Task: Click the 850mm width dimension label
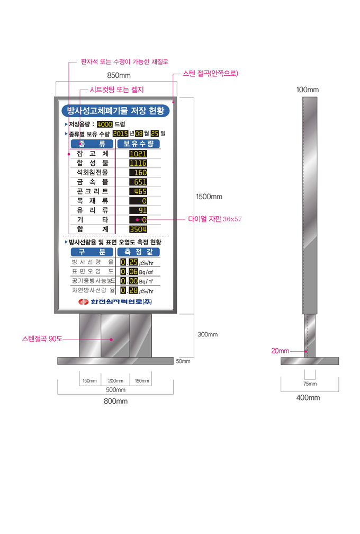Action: coord(119,75)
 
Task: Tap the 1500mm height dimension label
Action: coord(209,197)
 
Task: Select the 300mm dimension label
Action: coord(208,334)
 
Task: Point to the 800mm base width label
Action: coord(116,401)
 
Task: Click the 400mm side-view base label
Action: coord(308,397)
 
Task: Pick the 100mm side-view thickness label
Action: coord(308,90)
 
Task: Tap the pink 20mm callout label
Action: coord(280,351)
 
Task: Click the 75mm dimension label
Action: coord(310,384)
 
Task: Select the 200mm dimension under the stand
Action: coord(116,381)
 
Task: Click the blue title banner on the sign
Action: coord(115,111)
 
